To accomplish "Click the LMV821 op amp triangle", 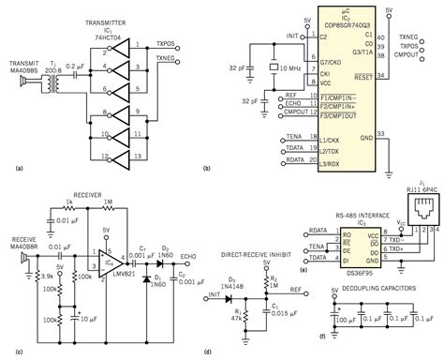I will click(x=105, y=252).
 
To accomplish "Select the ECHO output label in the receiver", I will click(x=189, y=252).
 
